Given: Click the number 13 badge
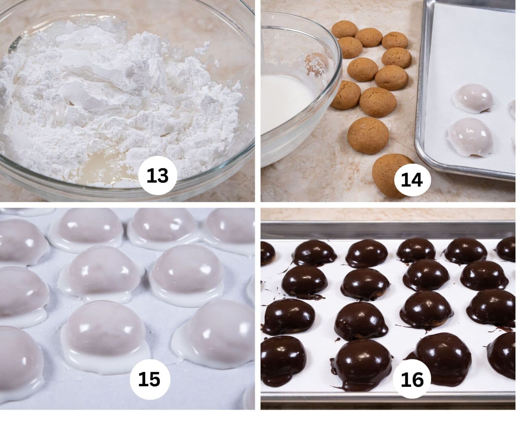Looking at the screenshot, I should [x=158, y=176].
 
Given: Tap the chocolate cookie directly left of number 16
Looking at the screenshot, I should [x=363, y=363].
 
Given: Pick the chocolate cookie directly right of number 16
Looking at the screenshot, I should [x=445, y=356].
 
